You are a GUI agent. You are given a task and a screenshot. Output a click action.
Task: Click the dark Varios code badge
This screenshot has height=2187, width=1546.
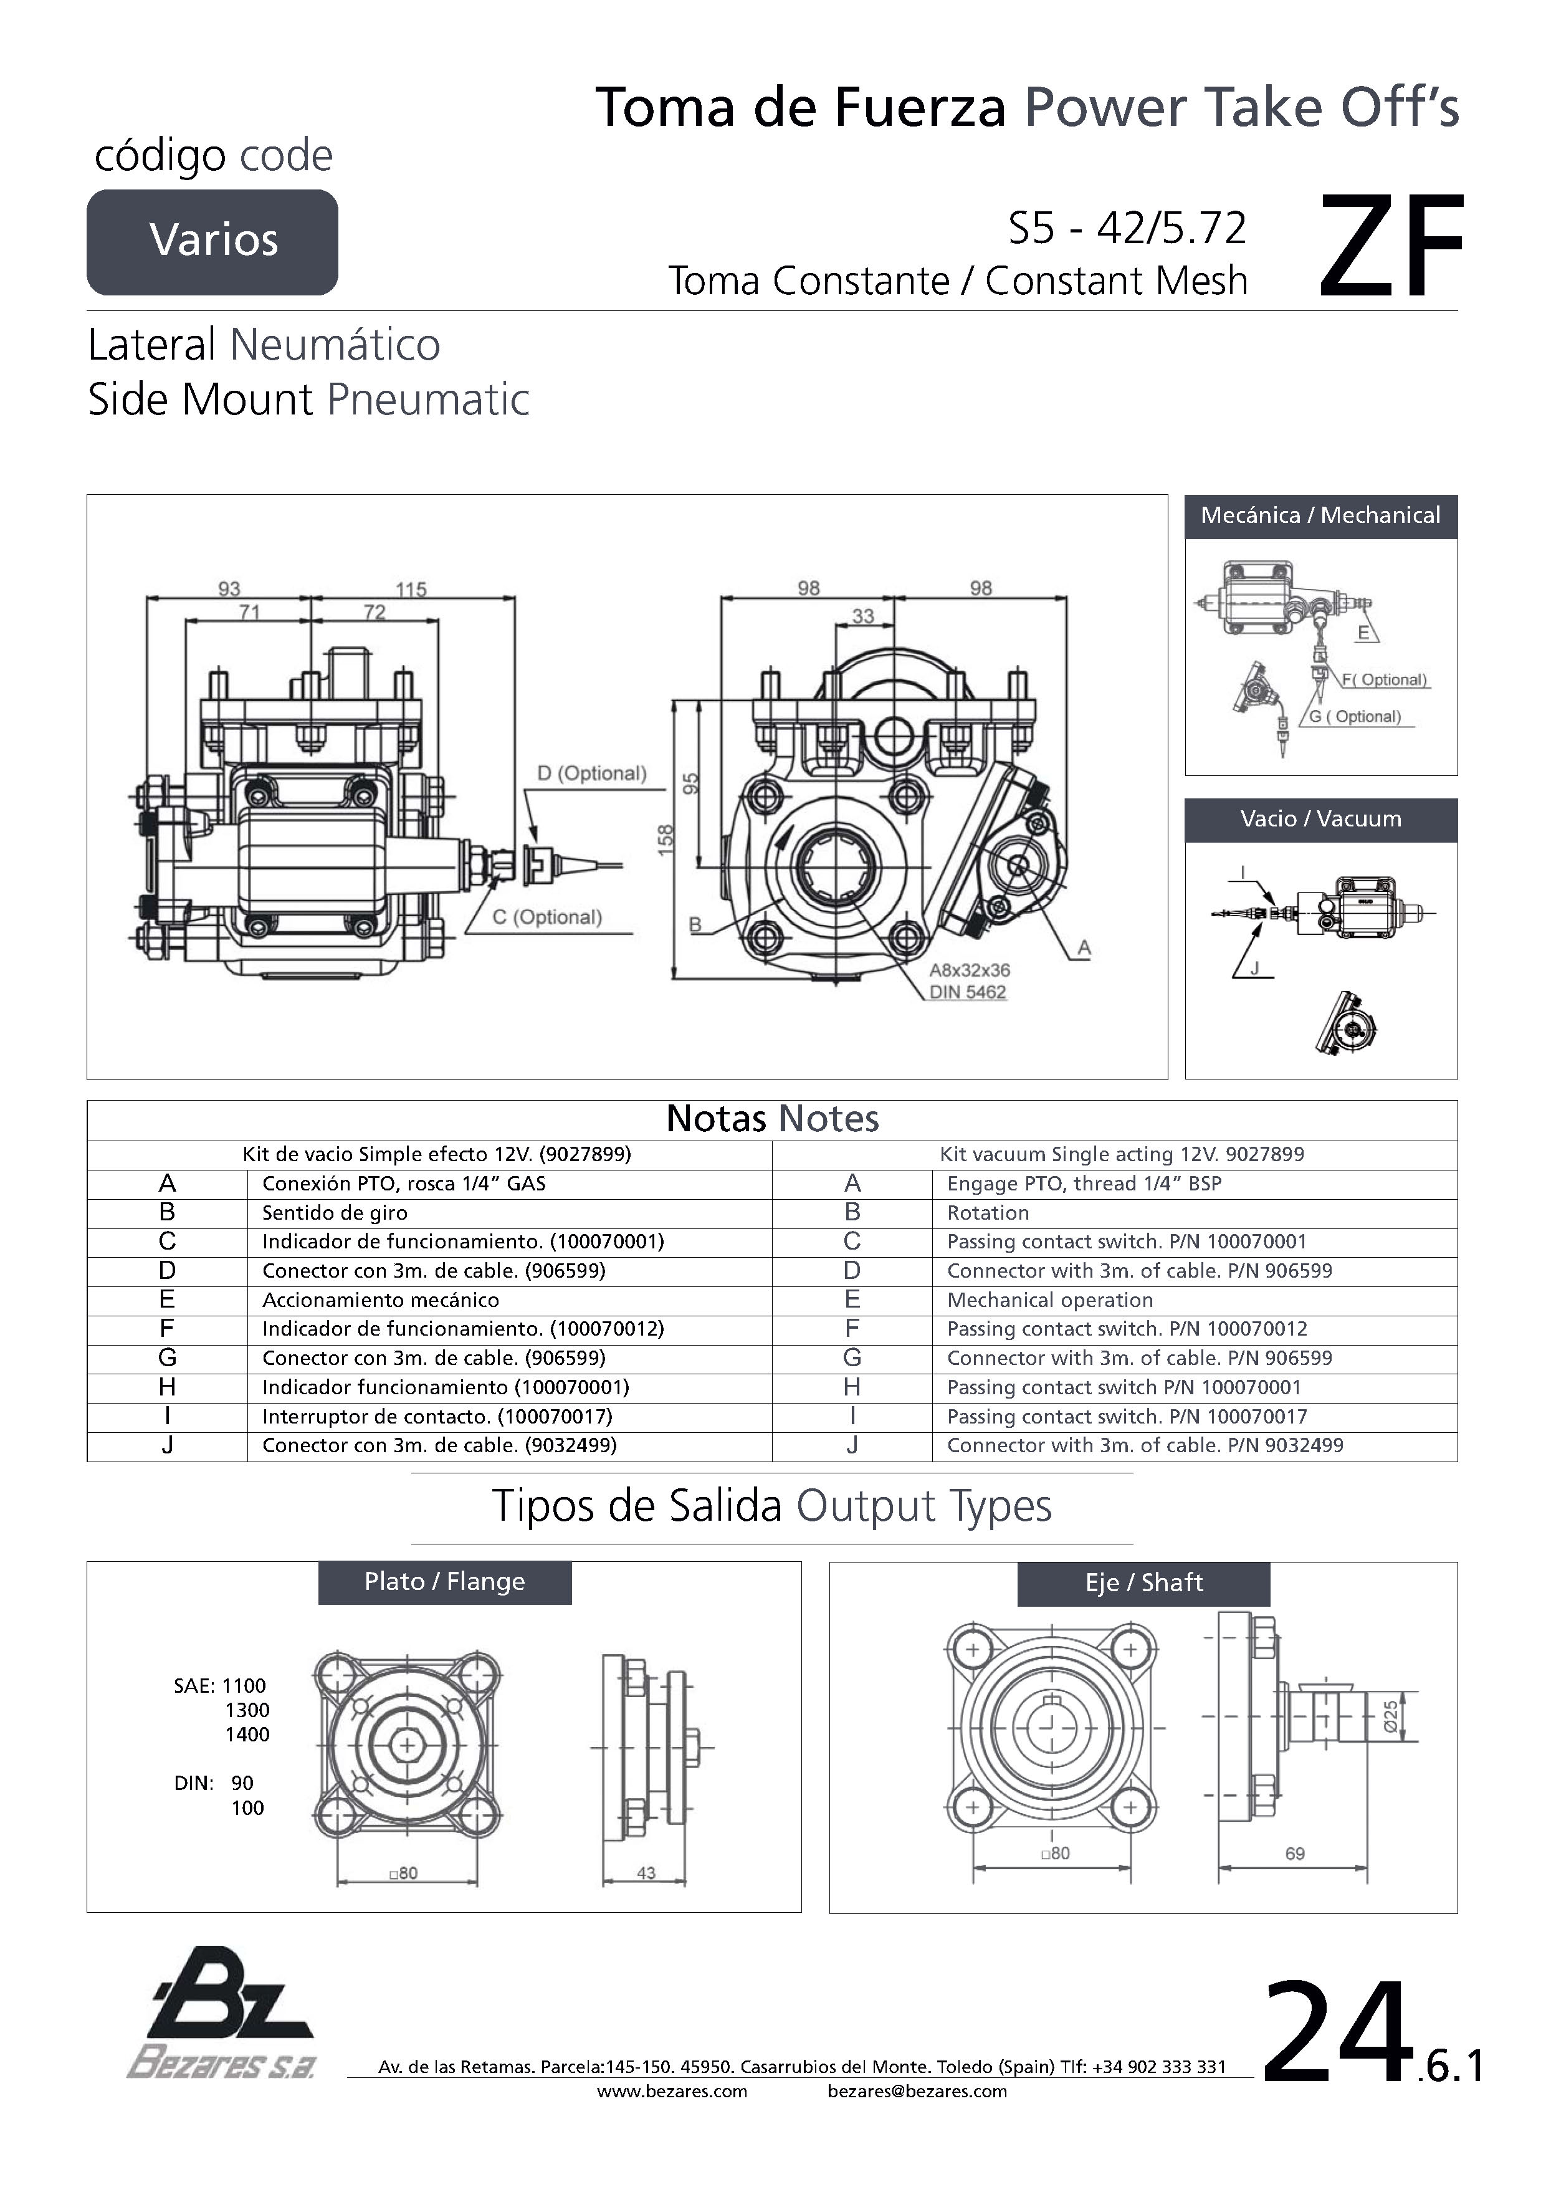pyautogui.click(x=212, y=242)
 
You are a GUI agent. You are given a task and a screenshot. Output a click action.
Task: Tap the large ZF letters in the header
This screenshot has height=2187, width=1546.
pyautogui.click(x=1391, y=247)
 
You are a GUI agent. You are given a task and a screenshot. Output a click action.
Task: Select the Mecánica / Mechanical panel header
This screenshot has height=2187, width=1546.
pyautogui.click(x=1320, y=516)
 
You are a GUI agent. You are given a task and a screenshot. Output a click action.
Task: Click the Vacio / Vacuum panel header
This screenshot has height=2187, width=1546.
pyautogui.click(x=1320, y=819)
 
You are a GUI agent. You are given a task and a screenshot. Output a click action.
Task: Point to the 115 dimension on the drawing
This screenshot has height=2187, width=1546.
pyautogui.click(x=411, y=590)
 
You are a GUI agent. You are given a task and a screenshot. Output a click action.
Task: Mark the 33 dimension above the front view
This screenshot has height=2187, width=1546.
pyautogui.click(x=863, y=616)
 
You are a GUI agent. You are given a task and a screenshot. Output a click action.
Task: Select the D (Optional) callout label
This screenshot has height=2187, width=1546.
pyautogui.click(x=591, y=773)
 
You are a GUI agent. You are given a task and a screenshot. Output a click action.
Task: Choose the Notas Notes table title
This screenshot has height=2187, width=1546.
pyautogui.click(x=773, y=1119)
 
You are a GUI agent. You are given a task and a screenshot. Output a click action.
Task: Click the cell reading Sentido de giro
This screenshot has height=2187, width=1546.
pyautogui.click(x=335, y=1213)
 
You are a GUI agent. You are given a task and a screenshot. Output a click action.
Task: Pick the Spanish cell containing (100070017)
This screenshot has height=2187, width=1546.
pyautogui.click(x=437, y=1417)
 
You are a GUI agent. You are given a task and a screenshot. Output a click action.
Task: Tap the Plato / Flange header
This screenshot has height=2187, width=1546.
pyautogui.click(x=445, y=1582)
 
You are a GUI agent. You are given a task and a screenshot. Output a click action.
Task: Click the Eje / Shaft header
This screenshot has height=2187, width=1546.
pyautogui.click(x=1144, y=1583)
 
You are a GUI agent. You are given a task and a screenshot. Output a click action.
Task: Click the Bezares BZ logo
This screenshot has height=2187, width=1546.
pyautogui.click(x=221, y=2012)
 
